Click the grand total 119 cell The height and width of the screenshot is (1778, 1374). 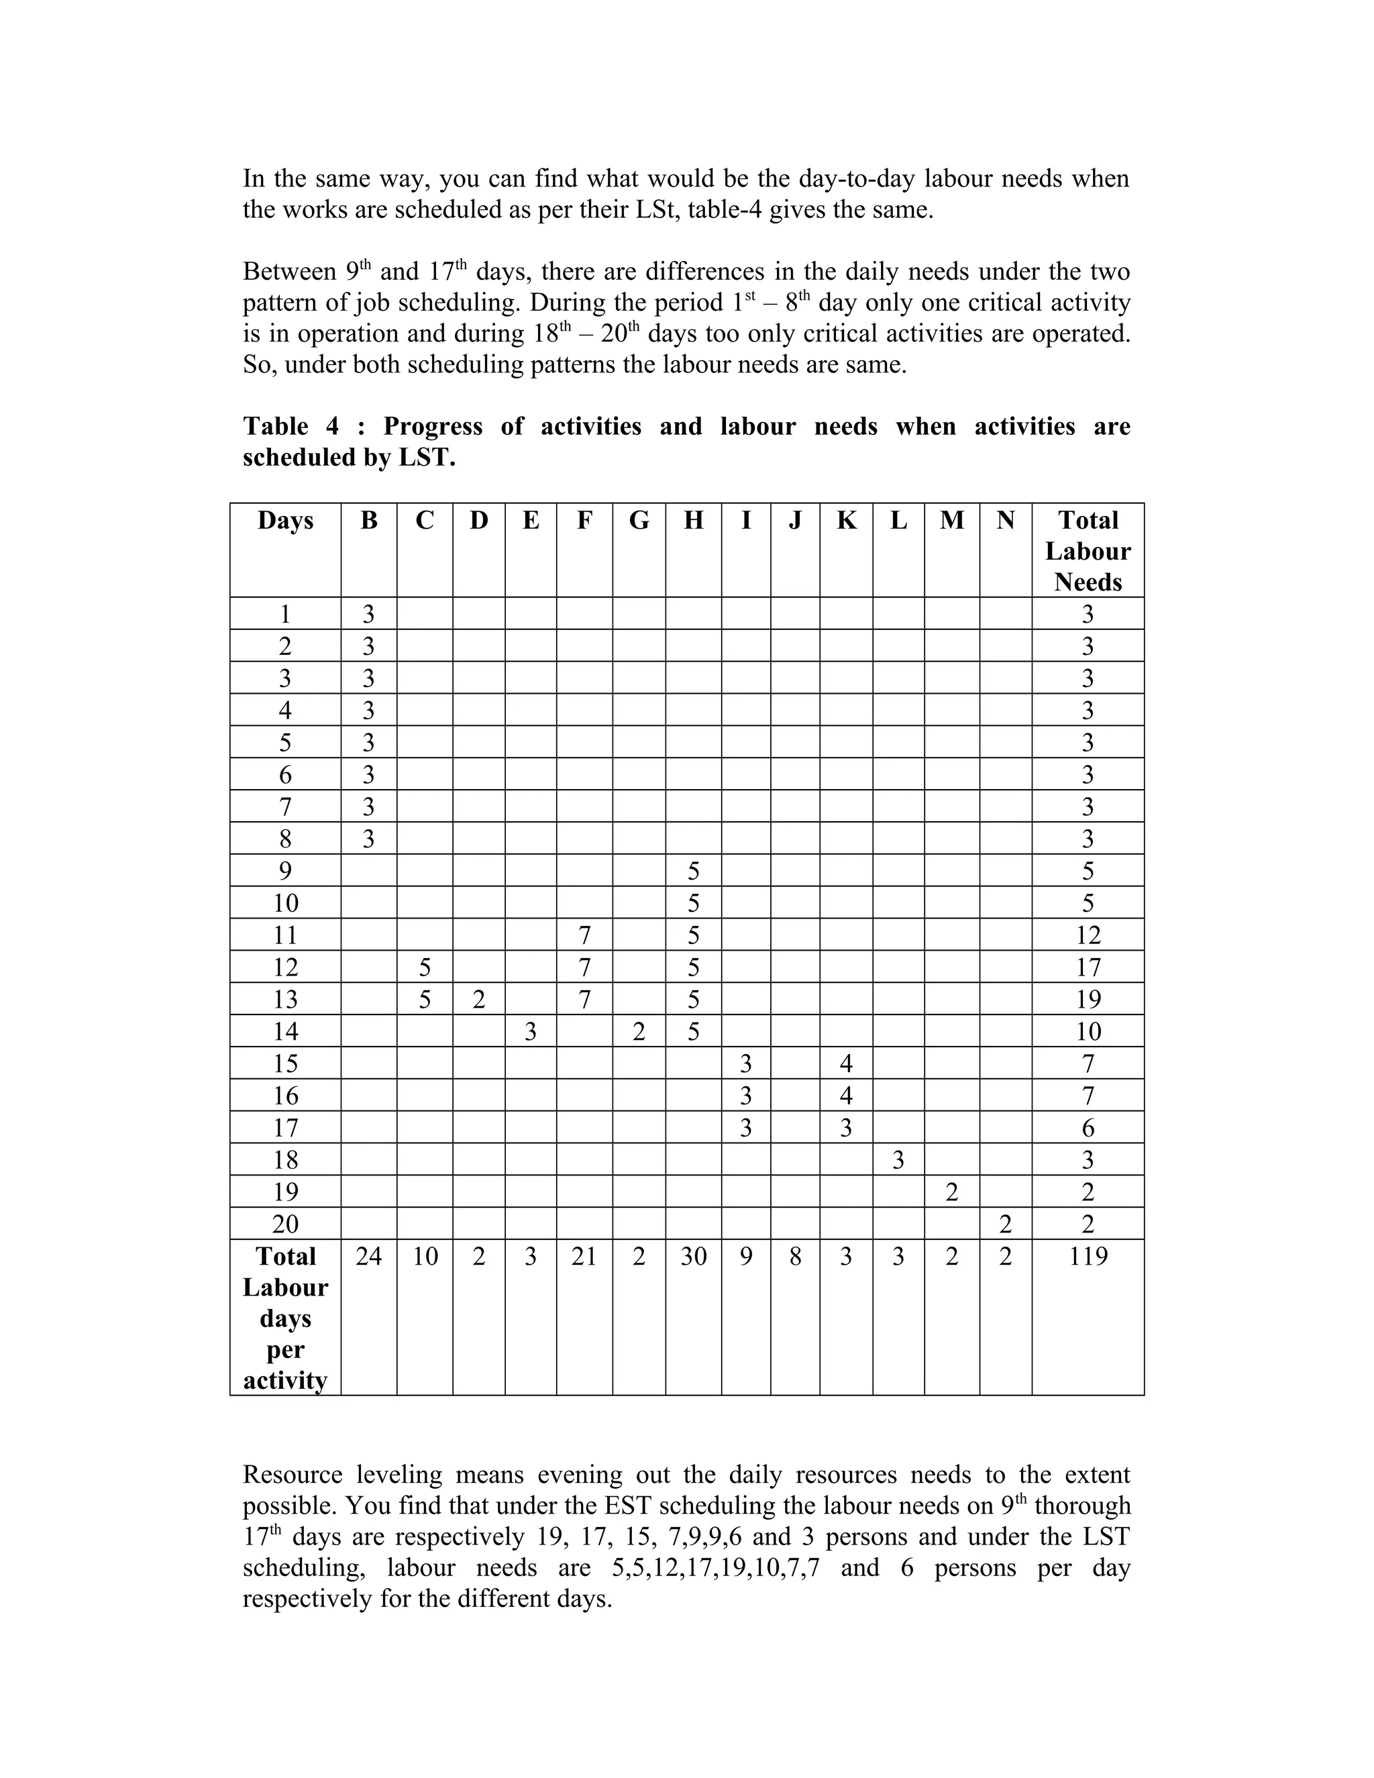1088,1256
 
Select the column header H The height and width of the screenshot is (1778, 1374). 692,520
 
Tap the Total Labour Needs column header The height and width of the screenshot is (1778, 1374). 1088,551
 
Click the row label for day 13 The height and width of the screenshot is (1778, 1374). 285,999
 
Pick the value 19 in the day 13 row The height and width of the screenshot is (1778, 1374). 1088,999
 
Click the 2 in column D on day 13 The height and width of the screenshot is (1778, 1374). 478,999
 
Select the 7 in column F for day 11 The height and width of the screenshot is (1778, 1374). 584,935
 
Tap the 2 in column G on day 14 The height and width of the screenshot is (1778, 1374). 639,1031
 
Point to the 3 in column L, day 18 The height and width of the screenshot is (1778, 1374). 898,1159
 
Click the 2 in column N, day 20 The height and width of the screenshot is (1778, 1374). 1005,1224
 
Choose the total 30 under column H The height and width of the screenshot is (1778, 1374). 692,1256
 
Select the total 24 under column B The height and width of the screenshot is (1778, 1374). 369,1256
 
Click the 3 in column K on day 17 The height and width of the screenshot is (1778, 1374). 846,1128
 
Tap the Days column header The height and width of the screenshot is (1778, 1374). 285,520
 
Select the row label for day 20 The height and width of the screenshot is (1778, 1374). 285,1224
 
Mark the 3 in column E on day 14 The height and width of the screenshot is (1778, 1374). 530,1031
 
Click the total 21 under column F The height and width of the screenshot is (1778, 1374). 584,1256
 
